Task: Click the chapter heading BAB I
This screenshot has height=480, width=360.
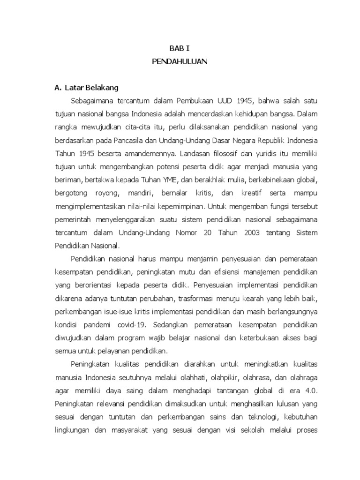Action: pyautogui.click(x=180, y=48)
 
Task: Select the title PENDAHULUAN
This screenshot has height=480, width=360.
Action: pyautogui.click(x=180, y=61)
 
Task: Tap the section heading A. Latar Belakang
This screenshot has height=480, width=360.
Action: pyautogui.click(x=87, y=88)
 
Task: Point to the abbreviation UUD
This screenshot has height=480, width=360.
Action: pyautogui.click(x=227, y=100)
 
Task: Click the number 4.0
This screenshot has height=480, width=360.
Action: pyautogui.click(x=311, y=390)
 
